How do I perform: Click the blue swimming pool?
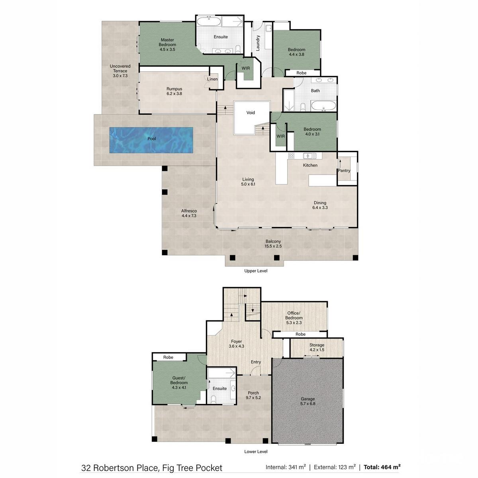151,140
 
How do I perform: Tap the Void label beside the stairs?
251,113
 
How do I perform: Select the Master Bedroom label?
167,42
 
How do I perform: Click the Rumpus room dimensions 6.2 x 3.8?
174,94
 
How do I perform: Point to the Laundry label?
258,43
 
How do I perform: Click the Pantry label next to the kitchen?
344,170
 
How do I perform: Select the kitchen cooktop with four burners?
291,155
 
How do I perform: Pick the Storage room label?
317,345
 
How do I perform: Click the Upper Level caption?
256,271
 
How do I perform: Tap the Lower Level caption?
256,451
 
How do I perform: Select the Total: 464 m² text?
382,467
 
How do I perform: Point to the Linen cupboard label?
212,79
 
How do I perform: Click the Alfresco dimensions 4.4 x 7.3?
189,216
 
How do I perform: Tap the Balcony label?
273,241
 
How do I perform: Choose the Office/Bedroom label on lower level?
294,315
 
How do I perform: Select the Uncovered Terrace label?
120,69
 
